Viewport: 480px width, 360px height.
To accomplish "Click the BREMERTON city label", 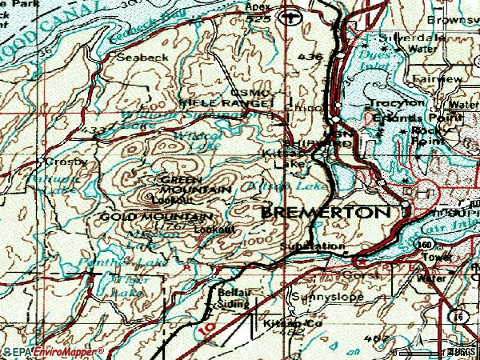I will (x=327, y=213).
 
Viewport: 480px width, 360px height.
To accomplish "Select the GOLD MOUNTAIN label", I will (x=157, y=217).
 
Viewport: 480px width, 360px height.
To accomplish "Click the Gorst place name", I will (x=353, y=274).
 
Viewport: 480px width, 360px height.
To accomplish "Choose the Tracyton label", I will (x=397, y=104).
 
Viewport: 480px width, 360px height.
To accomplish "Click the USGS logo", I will (x=460, y=351).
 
